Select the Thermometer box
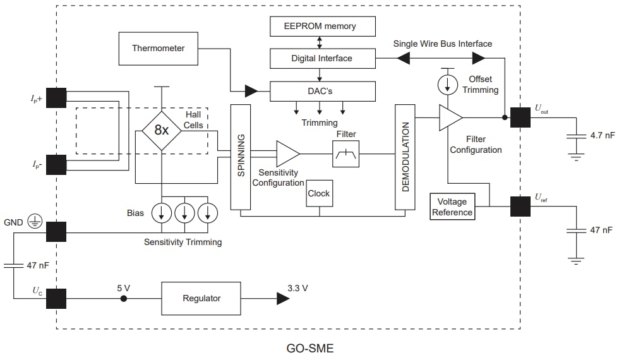tap(158, 48)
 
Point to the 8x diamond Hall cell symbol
tap(162, 130)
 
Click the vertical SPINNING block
tap(241, 157)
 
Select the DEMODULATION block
tap(405, 157)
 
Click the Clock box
tap(318, 193)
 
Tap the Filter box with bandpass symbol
tap(346, 153)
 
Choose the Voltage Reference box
tap(452, 207)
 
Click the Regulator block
tap(201, 298)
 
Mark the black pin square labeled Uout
tap(520, 117)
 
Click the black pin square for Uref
tap(520, 206)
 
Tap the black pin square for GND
tap(56, 232)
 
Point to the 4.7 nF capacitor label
tap(601, 135)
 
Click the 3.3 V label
tap(297, 288)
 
